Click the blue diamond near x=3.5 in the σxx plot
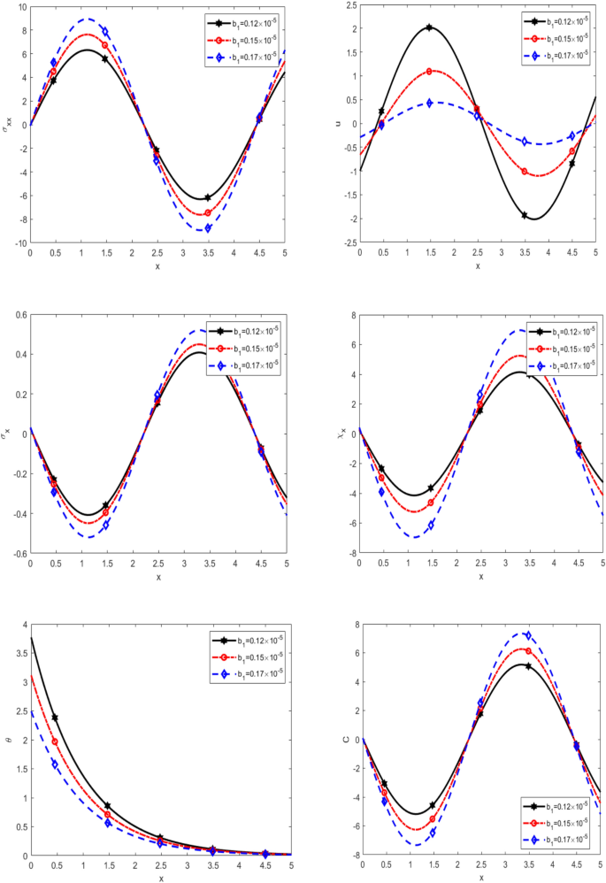click(208, 228)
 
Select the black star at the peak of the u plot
click(429, 27)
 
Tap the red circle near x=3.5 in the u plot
click(525, 171)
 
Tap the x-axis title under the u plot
click(478, 265)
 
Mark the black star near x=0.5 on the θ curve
click(55, 718)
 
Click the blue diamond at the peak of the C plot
click(527, 635)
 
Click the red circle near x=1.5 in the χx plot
click(431, 503)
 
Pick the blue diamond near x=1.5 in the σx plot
click(105, 525)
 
